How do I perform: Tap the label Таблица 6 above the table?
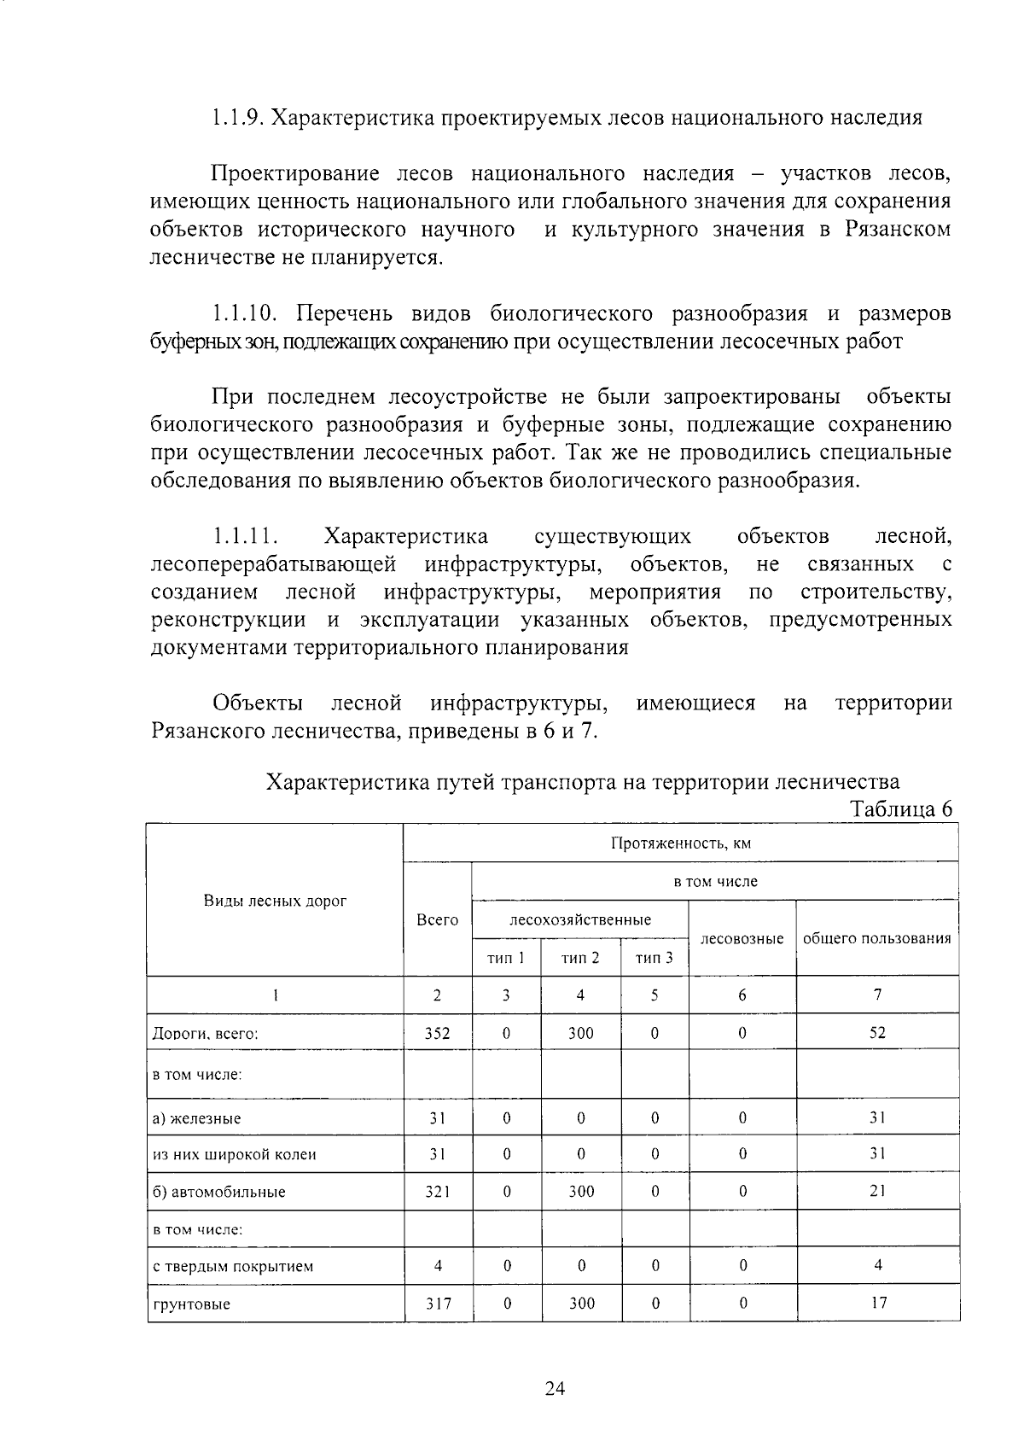click(x=901, y=809)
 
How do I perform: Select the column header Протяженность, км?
click(x=680, y=843)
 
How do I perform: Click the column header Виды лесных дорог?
click(x=275, y=901)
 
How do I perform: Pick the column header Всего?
click(x=437, y=919)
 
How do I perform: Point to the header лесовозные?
click(x=742, y=938)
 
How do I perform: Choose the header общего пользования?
click(x=876, y=938)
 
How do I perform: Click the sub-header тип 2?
click(x=580, y=958)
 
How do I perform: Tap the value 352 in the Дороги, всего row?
click(x=437, y=1033)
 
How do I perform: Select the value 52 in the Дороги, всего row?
click(x=877, y=1032)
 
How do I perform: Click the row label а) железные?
click(x=196, y=1118)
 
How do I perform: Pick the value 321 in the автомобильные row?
click(x=437, y=1192)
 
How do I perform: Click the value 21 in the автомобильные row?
click(x=877, y=1191)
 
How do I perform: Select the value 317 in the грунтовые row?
click(x=438, y=1304)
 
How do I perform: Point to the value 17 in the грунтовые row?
click(x=878, y=1303)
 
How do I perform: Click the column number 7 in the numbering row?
click(x=877, y=994)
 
